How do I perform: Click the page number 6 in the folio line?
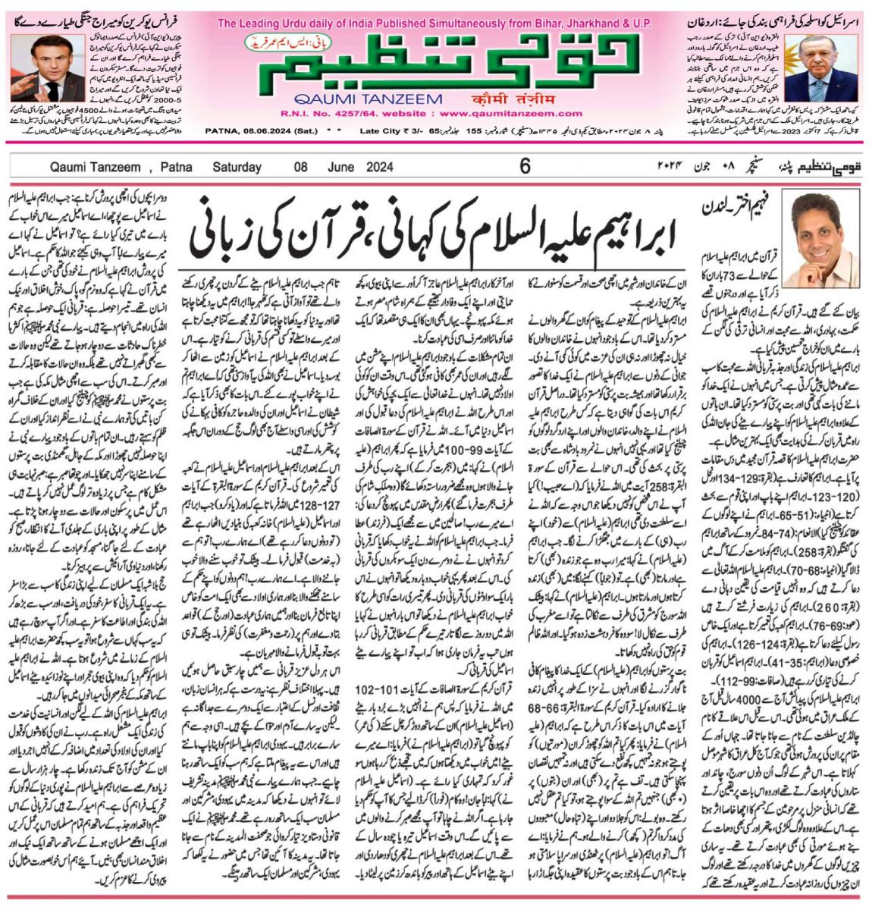[x=525, y=166]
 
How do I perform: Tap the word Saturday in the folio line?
[x=237, y=167]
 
